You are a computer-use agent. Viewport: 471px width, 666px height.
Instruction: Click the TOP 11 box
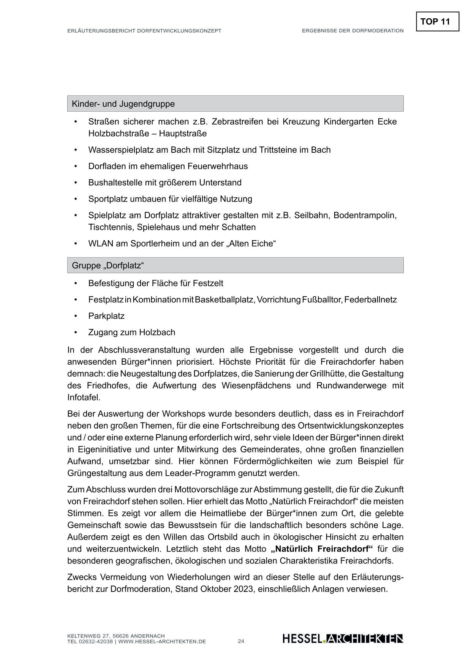pos(437,22)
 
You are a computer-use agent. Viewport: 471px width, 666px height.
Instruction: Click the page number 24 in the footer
pos(241,641)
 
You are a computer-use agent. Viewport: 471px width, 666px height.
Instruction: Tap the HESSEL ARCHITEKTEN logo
pos(343,639)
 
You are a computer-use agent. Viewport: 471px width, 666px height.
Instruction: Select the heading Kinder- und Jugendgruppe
pos(123,104)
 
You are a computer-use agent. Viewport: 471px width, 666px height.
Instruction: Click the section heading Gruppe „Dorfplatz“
pos(108,265)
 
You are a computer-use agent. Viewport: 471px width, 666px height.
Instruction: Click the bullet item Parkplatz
pos(106,316)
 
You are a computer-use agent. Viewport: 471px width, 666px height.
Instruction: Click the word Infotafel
pos(84,397)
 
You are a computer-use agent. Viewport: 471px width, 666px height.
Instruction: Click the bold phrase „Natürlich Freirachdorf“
pos(322,549)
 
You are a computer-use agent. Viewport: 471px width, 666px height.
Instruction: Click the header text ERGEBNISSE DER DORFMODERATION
pos(352,31)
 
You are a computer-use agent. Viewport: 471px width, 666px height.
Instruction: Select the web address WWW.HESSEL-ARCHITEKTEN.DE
pos(162,641)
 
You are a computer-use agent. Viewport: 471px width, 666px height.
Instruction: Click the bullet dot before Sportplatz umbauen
pos(76,199)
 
